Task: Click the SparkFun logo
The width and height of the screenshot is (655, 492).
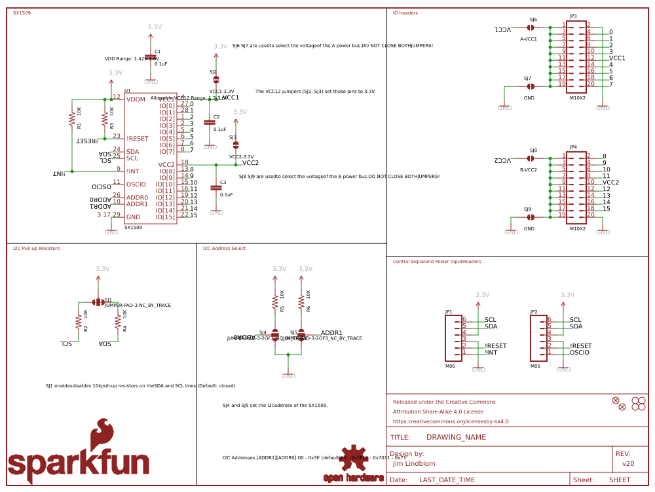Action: pos(79,451)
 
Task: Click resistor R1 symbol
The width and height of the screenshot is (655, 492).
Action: pos(71,118)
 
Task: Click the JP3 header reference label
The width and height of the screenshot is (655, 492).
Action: pos(573,16)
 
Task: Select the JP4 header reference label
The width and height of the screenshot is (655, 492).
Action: pos(573,147)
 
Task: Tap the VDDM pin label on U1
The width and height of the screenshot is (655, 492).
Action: pos(136,99)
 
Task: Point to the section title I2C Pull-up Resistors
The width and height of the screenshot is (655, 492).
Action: pos(36,249)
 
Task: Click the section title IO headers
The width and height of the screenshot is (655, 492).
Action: pos(405,12)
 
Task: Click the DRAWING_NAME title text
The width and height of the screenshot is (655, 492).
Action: pos(456,437)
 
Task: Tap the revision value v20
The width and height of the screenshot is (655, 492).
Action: pos(628,463)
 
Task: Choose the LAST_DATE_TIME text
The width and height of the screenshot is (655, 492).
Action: pos(447,480)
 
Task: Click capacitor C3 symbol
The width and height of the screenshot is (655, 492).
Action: pos(216,188)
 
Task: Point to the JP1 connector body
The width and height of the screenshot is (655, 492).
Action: pos(453,337)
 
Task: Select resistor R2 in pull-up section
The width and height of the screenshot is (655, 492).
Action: pos(78,321)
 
